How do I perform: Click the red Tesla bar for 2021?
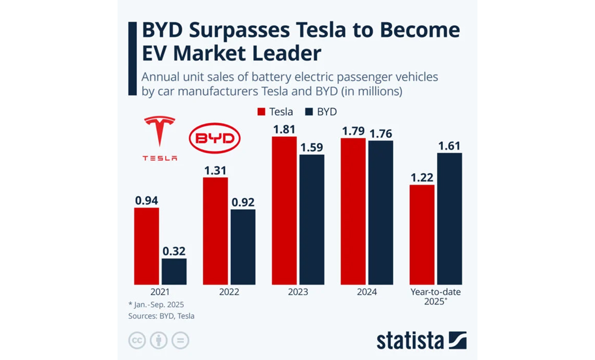(x=146, y=246)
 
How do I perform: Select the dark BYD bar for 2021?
(x=174, y=271)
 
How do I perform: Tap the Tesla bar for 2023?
(x=284, y=210)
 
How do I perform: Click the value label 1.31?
(x=215, y=170)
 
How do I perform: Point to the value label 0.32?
(x=174, y=251)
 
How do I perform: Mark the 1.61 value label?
(x=449, y=146)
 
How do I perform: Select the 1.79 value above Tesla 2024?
(x=353, y=132)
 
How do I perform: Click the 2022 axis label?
(x=229, y=292)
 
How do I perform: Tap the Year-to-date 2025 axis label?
(x=436, y=297)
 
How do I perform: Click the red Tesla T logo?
(x=160, y=131)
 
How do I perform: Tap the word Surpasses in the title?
(x=247, y=31)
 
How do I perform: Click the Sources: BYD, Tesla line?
(x=161, y=316)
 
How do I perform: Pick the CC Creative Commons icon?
(x=137, y=341)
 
